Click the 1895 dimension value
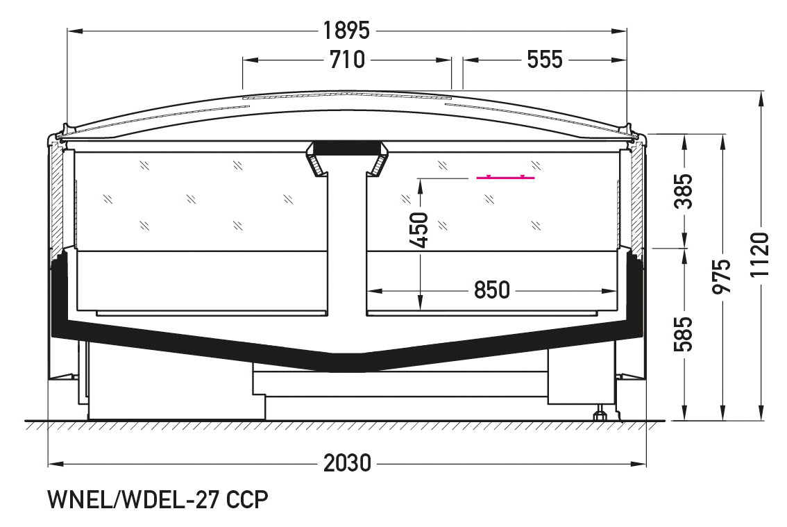click(346, 31)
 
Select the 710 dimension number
click(347, 60)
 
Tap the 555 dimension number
click(545, 60)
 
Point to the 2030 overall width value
click(347, 463)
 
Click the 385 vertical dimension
click(684, 192)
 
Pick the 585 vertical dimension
click(684, 334)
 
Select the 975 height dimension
click(722, 276)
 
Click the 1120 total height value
click(760, 255)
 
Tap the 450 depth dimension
click(419, 230)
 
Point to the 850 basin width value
click(492, 290)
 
